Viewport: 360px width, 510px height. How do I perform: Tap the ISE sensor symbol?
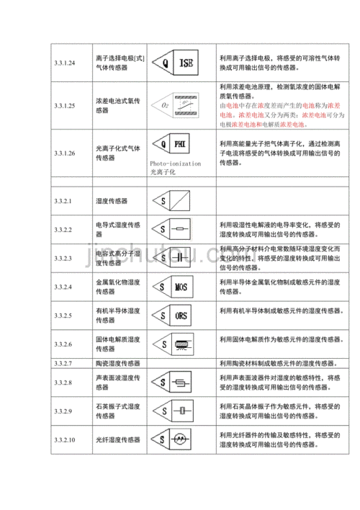179,63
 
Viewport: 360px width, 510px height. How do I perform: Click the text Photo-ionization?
176,164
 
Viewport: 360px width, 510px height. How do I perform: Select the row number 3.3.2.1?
63,202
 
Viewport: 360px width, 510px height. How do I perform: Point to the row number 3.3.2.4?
63,287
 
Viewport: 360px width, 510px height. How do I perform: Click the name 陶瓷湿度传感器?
117,363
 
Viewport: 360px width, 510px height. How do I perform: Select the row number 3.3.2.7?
63,363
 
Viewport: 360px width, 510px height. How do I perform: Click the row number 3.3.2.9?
63,411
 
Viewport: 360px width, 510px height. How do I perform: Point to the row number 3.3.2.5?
63,316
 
